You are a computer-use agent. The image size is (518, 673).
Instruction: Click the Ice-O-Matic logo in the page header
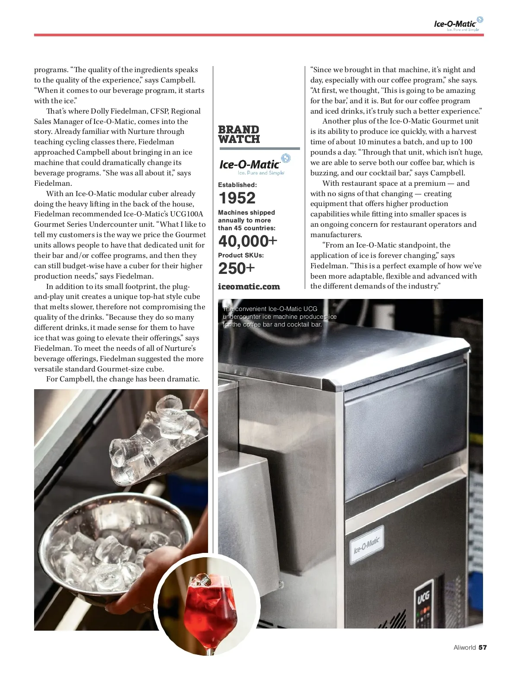458,25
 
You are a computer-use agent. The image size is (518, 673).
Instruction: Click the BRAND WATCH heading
239,134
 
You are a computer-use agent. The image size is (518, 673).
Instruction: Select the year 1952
237,198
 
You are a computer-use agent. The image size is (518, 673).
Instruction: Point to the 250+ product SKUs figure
237,268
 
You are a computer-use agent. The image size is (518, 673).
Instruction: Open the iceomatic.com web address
249,286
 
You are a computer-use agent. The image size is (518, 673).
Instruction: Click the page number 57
483,647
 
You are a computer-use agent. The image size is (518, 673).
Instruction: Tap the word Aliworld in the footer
464,647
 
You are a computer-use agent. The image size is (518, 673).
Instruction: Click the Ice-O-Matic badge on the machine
367,545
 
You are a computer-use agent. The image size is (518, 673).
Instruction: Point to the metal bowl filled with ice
99,549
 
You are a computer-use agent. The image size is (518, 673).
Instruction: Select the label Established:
237,185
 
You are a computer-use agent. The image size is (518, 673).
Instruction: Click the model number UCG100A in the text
184,214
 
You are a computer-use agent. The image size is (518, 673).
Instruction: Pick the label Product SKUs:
241,255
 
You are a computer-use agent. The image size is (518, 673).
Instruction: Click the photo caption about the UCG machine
279,317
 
